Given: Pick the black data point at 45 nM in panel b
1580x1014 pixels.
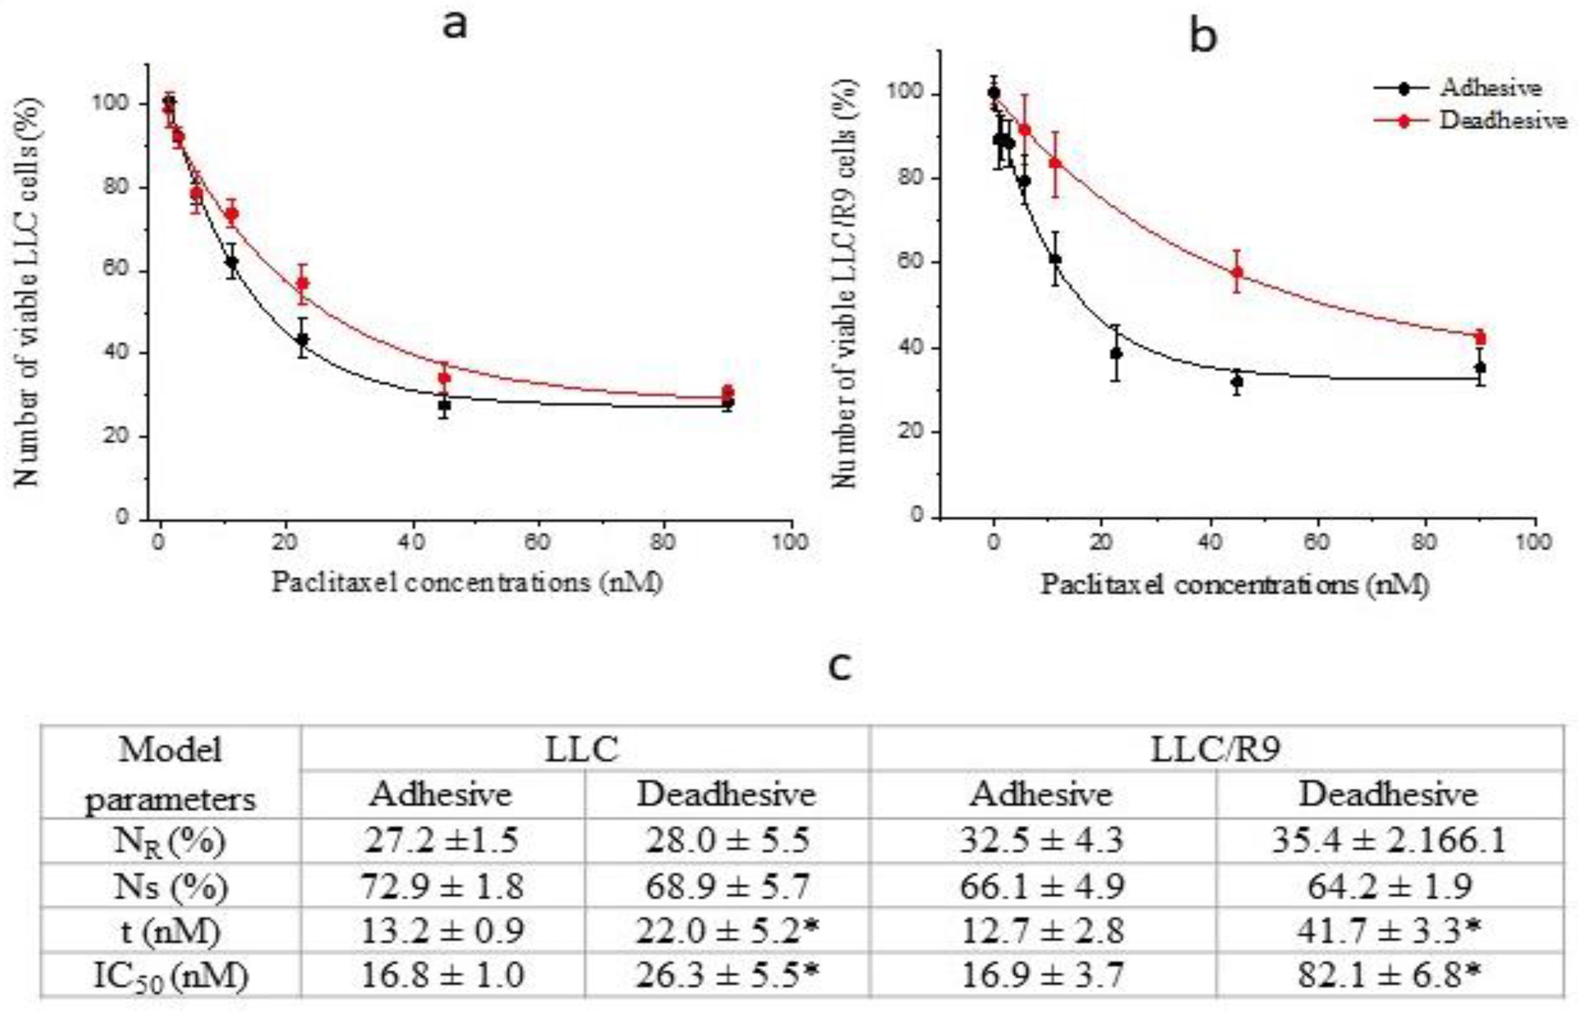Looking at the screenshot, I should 1237,381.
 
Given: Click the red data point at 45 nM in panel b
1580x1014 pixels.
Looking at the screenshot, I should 1237,272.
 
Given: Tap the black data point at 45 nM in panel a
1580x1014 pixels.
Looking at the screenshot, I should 444,405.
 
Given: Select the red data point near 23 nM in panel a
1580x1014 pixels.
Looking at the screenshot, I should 302,284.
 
